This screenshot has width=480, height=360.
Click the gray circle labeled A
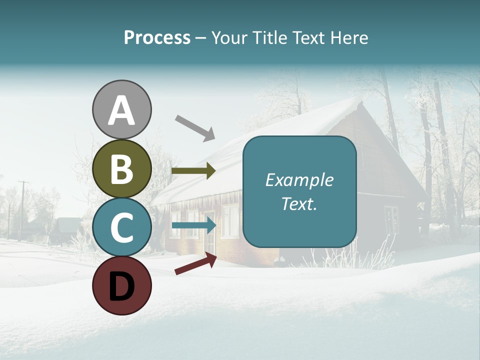pos(122,110)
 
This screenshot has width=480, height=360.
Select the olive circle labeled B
pos(122,168)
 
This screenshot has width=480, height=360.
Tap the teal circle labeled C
pos(122,227)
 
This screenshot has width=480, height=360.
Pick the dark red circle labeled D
pos(122,285)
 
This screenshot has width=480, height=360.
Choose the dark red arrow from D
pos(195,263)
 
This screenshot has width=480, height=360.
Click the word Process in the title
pos(157,38)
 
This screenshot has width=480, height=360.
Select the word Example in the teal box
pos(299,180)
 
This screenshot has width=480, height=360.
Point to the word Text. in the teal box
pos(299,203)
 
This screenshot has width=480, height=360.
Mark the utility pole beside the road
pos(22,210)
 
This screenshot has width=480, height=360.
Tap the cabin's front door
pos(209,235)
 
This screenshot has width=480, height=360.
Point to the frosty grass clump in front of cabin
pos(370,255)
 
